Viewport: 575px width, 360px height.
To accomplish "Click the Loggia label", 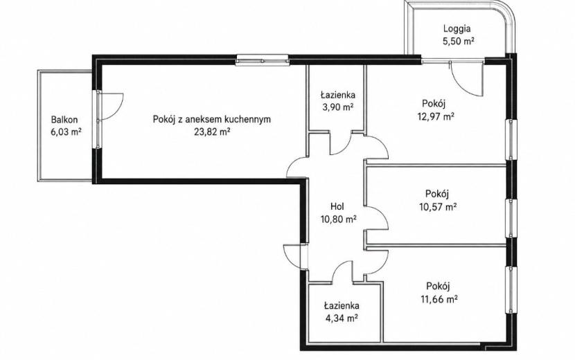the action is [x=457, y=29].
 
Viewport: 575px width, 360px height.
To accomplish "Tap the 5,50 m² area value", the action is [x=459, y=41].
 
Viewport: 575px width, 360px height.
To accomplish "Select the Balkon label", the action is [x=64, y=120].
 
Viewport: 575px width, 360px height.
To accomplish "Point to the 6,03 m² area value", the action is [x=66, y=132].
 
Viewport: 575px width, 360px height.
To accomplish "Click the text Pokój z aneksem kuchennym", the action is [x=212, y=120].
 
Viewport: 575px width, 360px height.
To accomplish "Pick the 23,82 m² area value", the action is [x=212, y=132].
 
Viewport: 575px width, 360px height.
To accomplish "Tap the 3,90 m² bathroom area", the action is [x=337, y=107].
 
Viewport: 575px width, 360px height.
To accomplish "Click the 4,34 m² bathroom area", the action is [x=342, y=318].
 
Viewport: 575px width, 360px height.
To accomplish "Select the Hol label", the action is [x=337, y=206].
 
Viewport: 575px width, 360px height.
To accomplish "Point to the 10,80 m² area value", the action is [x=339, y=219].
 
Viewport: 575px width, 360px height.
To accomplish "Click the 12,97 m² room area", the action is [x=436, y=116].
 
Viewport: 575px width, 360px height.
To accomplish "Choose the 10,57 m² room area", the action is [x=438, y=207].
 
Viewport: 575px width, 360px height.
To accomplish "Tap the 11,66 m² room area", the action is [x=439, y=299].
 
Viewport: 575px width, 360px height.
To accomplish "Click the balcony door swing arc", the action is [x=120, y=110].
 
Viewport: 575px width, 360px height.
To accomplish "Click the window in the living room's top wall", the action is [x=262, y=60].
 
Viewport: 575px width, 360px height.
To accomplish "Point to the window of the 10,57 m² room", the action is [x=511, y=218].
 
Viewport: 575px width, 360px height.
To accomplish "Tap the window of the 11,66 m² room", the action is [x=511, y=289].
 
